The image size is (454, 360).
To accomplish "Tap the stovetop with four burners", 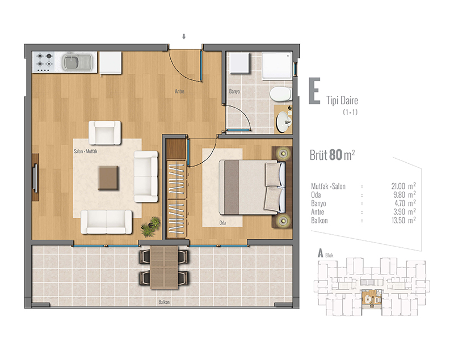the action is point(45,62).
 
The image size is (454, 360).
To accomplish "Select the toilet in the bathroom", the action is point(280,94).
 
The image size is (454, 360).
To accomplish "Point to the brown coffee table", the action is point(108,177).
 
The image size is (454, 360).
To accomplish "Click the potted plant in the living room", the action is point(151,227).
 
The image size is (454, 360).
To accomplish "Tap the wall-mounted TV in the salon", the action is point(35,177).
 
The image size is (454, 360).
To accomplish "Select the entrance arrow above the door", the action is point(183,36).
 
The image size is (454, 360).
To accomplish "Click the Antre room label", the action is point(179,91).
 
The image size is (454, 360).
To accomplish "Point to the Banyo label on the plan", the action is point(234,91).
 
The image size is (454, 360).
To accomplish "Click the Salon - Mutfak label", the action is point(86,151).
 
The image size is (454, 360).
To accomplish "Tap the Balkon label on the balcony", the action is point(164,302).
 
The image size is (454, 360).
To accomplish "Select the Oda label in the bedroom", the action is point(222,223).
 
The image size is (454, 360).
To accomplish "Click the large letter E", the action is point(314,91).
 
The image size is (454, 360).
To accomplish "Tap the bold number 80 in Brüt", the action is point(335,155).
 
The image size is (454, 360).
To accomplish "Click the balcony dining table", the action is point(164,268).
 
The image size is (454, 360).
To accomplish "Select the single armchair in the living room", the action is point(105,133).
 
